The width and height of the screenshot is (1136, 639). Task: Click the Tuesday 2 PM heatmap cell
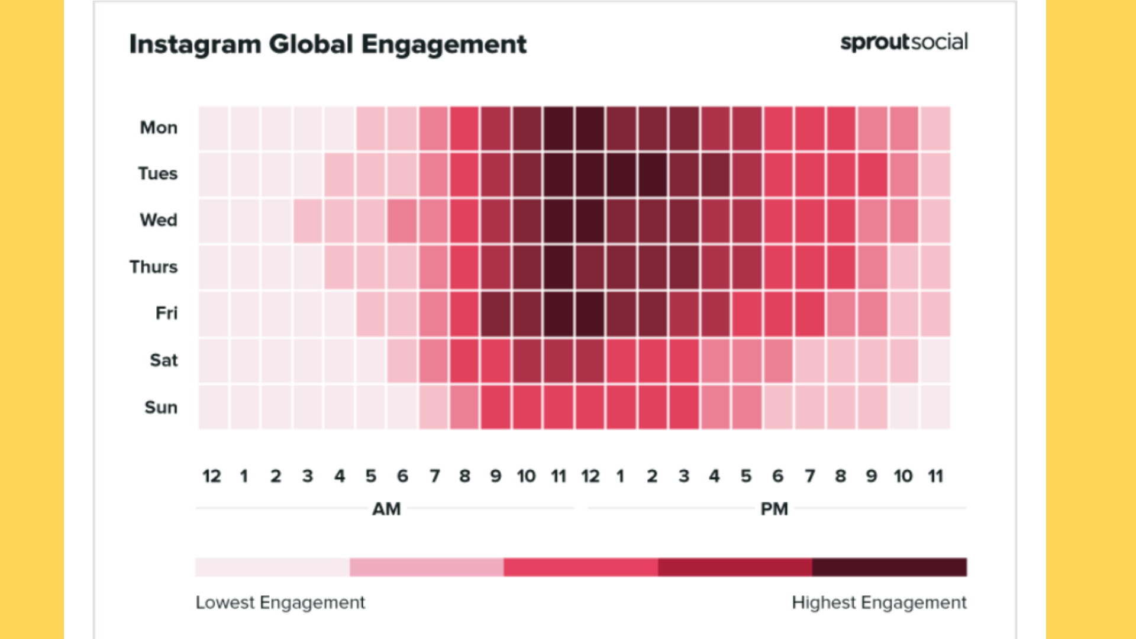point(653,175)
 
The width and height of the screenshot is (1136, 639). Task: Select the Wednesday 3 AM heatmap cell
point(308,221)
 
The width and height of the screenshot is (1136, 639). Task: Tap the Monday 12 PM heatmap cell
point(590,128)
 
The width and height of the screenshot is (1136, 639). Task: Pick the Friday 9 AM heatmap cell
point(496,314)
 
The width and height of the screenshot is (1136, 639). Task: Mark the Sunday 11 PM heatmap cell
point(935,407)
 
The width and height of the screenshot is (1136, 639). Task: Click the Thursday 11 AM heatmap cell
point(559,267)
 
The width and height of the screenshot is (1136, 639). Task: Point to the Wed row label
point(159,220)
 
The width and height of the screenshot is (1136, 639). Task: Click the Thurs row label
point(154,267)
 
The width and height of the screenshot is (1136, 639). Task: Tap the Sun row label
point(161,407)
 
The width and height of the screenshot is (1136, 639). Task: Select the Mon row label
point(159,128)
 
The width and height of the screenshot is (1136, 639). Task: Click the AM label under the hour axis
point(386,509)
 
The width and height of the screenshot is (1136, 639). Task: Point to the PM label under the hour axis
point(774,509)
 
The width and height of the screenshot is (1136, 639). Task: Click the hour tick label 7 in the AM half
point(435,476)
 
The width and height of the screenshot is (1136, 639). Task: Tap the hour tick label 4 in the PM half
point(715,476)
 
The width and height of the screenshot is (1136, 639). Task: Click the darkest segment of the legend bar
point(889,567)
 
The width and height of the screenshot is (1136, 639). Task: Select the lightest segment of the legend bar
point(272,567)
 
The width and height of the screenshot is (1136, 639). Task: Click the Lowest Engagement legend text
point(280,602)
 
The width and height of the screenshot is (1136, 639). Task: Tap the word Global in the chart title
point(311,44)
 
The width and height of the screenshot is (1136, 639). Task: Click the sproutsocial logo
point(904,42)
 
